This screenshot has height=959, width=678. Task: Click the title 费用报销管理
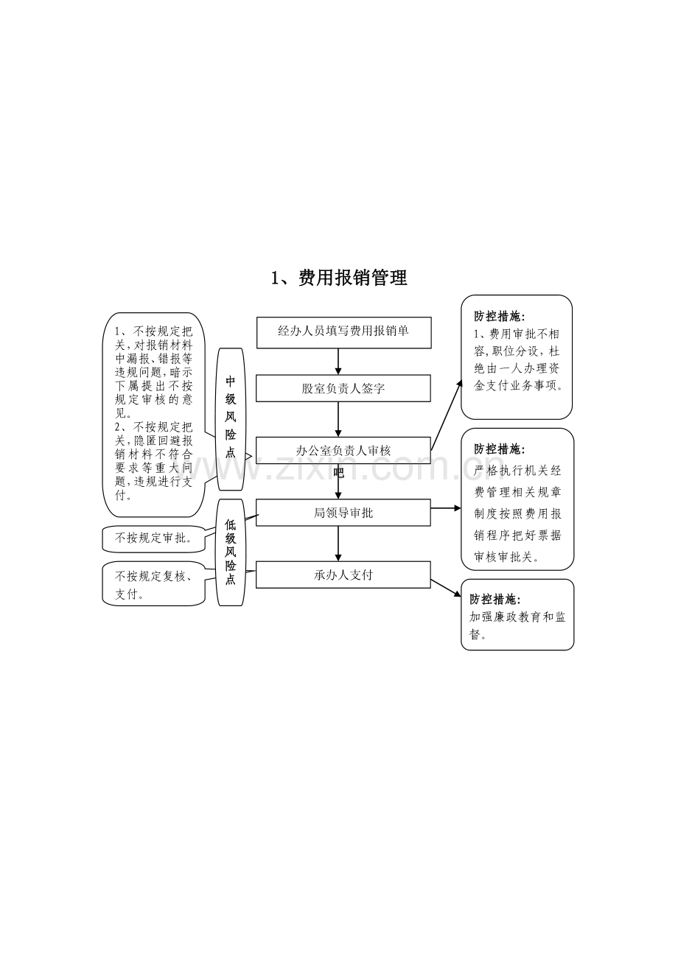(352, 278)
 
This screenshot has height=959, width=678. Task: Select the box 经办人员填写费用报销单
(344, 333)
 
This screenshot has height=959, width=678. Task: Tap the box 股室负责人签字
(343, 388)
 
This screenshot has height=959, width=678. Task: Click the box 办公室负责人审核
(343, 450)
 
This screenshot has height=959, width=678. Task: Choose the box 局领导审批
(343, 513)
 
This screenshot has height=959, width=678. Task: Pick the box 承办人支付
(343, 575)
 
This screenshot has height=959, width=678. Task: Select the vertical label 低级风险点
(231, 552)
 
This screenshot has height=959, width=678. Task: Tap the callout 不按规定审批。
(153, 539)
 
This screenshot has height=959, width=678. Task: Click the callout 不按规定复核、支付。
(153, 583)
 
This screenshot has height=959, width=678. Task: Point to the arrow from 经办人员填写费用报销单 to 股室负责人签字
(338, 362)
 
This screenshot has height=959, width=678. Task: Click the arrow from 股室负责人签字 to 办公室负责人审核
(338, 420)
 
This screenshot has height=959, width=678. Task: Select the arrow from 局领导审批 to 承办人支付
(338, 544)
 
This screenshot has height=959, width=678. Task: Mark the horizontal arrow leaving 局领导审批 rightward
(446, 508)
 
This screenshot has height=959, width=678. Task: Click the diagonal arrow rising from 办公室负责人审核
(447, 415)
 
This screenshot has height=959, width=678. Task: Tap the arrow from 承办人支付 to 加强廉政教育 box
(446, 589)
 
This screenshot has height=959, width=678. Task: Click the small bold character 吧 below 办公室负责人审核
(338, 473)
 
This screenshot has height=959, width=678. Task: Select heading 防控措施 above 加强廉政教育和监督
(494, 599)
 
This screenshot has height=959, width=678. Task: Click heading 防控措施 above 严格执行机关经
(499, 449)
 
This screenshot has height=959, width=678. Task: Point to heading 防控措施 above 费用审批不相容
(499, 317)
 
